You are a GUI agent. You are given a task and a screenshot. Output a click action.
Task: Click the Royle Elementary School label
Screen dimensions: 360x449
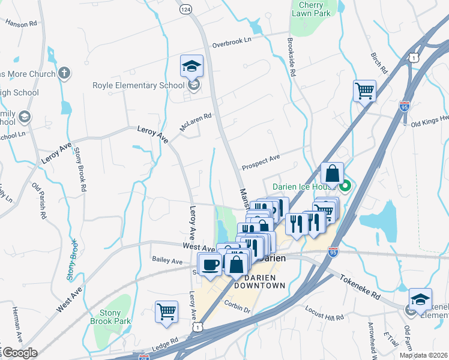[x=138, y=85]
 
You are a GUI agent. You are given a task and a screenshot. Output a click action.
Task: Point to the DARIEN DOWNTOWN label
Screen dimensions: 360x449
[x=260, y=281]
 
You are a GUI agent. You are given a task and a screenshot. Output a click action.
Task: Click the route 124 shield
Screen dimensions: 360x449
[x=185, y=10]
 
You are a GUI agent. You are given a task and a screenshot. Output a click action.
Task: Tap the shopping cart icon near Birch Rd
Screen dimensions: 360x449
[x=364, y=92]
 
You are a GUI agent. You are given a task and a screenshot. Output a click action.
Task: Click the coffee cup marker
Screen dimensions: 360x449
[x=210, y=264]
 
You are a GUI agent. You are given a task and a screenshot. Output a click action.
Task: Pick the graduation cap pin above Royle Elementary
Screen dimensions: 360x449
[x=191, y=67]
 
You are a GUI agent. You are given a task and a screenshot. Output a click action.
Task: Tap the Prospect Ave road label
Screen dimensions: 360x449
[x=261, y=161]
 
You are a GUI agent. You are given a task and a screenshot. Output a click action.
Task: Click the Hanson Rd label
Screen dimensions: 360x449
[x=21, y=23]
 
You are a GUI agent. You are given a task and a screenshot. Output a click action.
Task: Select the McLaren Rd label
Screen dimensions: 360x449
[x=196, y=122]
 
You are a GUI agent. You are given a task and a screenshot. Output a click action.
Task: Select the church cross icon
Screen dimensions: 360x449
[x=64, y=73]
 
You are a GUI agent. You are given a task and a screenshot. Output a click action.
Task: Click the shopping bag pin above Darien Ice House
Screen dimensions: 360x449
[x=332, y=174]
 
